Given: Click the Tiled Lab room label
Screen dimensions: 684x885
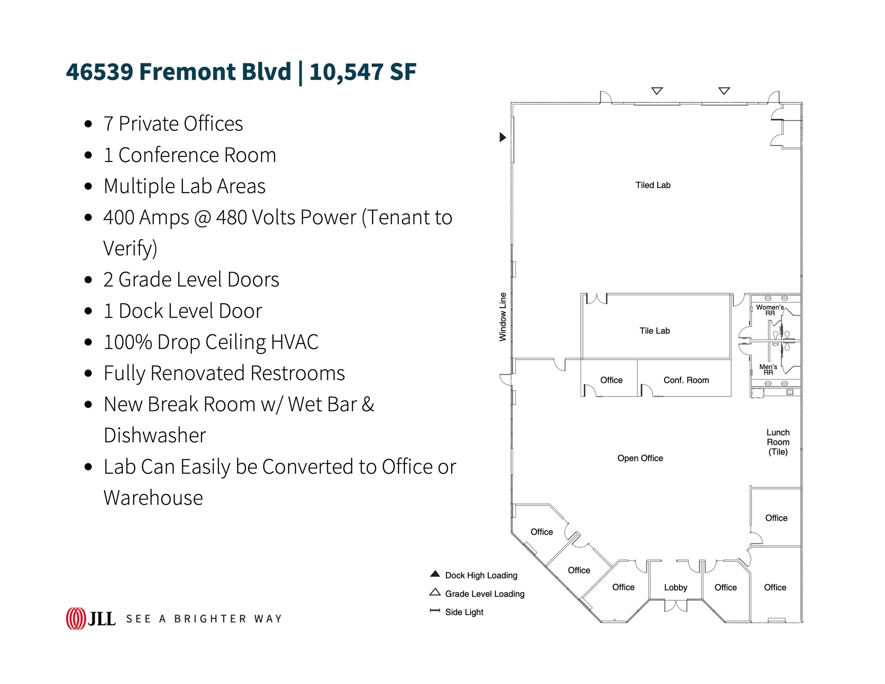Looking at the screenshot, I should (653, 185).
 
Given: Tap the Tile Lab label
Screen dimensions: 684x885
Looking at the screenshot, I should (654, 331).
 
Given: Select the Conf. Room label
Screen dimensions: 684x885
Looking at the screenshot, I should (686, 380).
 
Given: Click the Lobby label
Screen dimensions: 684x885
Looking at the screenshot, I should (675, 587).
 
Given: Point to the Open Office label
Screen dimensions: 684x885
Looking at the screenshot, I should (640, 458).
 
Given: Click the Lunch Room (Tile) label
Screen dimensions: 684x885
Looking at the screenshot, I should (777, 442).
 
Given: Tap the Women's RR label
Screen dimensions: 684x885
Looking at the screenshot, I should (770, 310).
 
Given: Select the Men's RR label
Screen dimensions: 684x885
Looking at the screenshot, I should (768, 369).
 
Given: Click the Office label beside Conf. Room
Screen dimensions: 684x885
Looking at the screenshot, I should (611, 380).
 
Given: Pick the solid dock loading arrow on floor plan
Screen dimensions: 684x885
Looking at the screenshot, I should (502, 137).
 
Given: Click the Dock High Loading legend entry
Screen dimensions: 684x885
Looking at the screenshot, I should (481, 575).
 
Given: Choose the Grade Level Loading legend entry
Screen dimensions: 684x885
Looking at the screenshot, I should (484, 594).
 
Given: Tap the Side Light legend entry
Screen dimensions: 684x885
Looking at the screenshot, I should (464, 612).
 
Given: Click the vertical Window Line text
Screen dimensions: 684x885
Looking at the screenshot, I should (503, 316).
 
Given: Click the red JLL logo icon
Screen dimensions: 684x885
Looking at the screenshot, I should (76, 618).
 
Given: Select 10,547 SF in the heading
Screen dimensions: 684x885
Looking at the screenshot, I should (363, 72).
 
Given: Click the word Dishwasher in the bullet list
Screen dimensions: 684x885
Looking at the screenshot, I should (155, 435).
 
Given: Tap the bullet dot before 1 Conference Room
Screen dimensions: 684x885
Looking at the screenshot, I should (89, 155).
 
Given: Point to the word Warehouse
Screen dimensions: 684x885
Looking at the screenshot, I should (153, 497).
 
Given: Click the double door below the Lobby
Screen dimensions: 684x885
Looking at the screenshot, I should (675, 606).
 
